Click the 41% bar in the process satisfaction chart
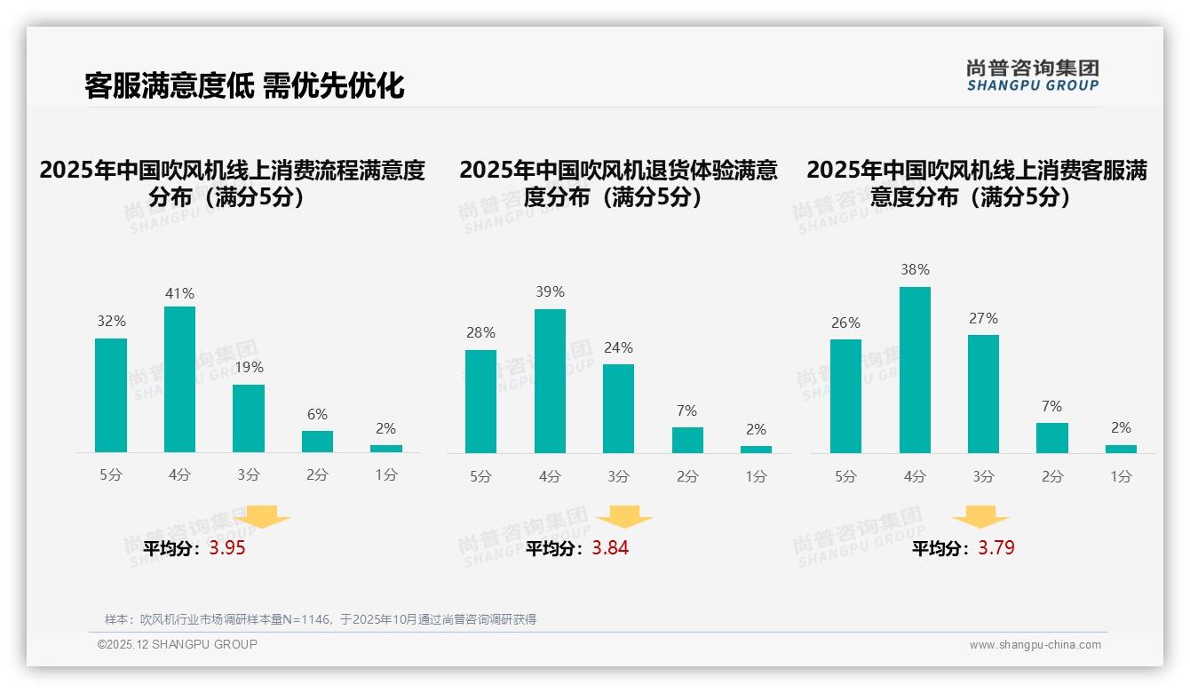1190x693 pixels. (x=179, y=379)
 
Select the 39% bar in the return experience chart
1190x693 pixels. (x=550, y=381)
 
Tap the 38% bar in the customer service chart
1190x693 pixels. (x=915, y=370)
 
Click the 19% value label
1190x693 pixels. (x=249, y=367)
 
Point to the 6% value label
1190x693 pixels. (x=317, y=414)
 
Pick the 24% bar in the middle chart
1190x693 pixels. (x=618, y=409)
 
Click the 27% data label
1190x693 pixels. (x=983, y=318)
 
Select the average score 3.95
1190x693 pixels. (x=227, y=548)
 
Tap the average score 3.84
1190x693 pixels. (x=610, y=548)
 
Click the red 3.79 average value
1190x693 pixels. (x=996, y=548)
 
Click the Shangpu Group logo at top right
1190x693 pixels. (x=1032, y=76)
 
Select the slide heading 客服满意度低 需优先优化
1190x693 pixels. (x=244, y=85)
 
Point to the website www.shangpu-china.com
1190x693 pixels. (x=1035, y=645)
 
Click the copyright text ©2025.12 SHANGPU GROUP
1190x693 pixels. (x=178, y=644)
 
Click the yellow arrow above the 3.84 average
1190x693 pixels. (x=624, y=517)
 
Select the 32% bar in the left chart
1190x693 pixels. (x=111, y=395)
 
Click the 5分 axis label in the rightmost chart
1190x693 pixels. (x=845, y=476)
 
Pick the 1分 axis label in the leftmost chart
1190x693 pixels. (x=386, y=474)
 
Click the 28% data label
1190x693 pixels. (x=480, y=333)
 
